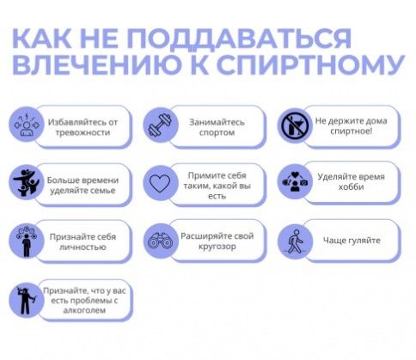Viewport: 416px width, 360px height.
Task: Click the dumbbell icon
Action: point(160,125)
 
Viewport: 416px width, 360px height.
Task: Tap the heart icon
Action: point(160,183)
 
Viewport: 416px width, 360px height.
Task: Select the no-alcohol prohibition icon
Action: point(295,125)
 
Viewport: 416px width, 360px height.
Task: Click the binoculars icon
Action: point(160,241)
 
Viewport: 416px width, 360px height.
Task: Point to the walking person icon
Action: point(296,241)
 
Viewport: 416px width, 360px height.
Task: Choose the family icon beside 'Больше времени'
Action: point(26,182)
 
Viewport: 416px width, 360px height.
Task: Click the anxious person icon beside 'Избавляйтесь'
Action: point(26,125)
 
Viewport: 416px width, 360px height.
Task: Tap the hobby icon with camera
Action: point(295,181)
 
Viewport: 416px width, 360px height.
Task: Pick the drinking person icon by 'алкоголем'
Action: point(27,300)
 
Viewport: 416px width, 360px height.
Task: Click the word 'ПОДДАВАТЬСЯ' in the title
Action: point(239,39)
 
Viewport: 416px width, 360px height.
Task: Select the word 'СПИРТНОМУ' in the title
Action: point(311,64)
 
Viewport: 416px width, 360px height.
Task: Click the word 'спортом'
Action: point(217,133)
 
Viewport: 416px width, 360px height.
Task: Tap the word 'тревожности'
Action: point(83,133)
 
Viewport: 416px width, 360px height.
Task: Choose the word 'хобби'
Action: point(351,187)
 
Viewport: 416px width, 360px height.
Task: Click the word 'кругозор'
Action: point(217,247)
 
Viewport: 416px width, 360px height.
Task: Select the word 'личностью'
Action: point(83,247)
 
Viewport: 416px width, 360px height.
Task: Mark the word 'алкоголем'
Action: point(84,310)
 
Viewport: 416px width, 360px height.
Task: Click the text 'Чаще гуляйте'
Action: point(352,241)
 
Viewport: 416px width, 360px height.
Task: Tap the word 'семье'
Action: point(102,191)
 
